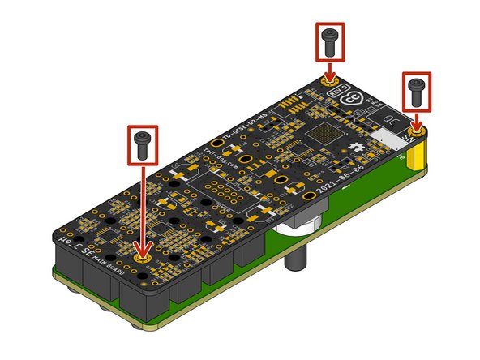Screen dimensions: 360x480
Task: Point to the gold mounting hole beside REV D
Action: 329,84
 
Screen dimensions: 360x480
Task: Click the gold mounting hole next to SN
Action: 417,130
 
